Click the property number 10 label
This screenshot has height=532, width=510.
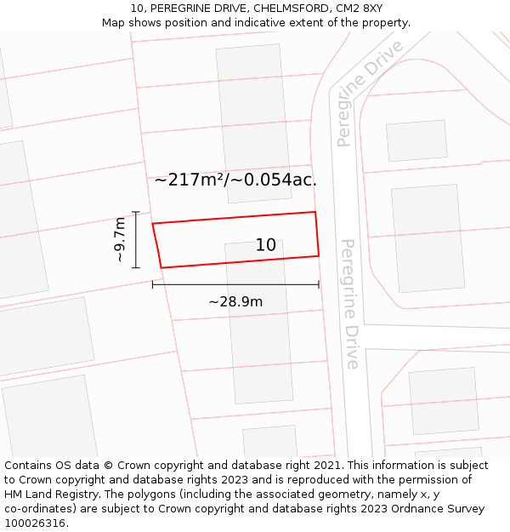click(x=266, y=245)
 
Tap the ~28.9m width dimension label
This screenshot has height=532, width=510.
click(x=235, y=301)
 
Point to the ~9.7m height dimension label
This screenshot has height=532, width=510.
click(x=121, y=239)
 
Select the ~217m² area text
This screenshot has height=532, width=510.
click(x=189, y=180)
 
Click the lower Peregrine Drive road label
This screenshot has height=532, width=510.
click(x=349, y=304)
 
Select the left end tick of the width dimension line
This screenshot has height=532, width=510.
click(x=153, y=284)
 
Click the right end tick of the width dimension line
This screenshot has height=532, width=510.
click(x=319, y=284)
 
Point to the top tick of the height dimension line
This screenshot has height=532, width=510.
click(x=136, y=212)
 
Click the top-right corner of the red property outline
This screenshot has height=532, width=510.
click(x=315, y=212)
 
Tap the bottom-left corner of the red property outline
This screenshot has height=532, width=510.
click(x=161, y=267)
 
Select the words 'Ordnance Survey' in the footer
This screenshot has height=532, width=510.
click(x=439, y=509)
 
